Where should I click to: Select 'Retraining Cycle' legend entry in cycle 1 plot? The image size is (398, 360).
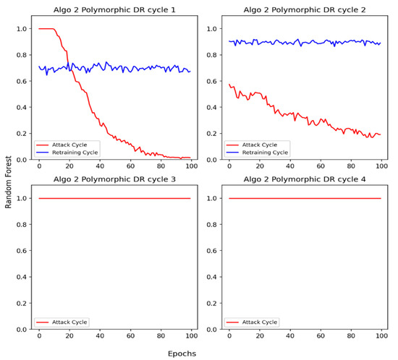[x=72, y=152]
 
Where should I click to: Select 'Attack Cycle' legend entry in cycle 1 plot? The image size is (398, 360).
[x=67, y=145]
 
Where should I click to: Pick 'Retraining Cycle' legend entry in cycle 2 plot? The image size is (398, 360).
[x=261, y=152]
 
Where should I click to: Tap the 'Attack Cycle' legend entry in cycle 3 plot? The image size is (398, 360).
[x=67, y=322]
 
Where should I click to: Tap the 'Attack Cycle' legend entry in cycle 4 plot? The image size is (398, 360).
[x=257, y=322]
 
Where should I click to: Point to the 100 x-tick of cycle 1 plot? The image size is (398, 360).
[x=190, y=166]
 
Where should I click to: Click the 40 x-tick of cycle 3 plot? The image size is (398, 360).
[x=100, y=336]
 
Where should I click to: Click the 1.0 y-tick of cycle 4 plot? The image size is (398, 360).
[x=213, y=198]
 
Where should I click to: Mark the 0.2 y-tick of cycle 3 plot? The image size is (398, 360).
[x=24, y=303]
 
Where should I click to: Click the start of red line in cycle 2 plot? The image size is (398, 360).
[x=229, y=85]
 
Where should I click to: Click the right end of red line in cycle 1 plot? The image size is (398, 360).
[x=190, y=158]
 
